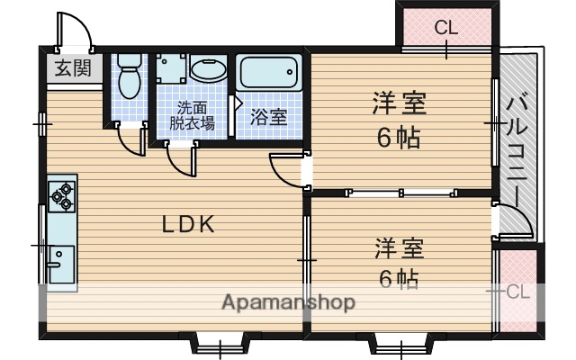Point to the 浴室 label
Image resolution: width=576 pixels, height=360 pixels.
click(x=268, y=116)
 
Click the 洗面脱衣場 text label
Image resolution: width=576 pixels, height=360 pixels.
click(x=195, y=115)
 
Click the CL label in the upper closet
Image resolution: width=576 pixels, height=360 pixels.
click(x=445, y=28)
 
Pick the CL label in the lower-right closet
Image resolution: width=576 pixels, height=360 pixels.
click(x=516, y=291)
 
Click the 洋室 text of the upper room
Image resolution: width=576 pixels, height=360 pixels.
click(x=400, y=105)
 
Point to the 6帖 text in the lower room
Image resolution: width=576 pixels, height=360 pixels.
click(x=397, y=278)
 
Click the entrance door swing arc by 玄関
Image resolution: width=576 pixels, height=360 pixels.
click(x=76, y=31)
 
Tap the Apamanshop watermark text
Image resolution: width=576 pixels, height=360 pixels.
click(x=288, y=301)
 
